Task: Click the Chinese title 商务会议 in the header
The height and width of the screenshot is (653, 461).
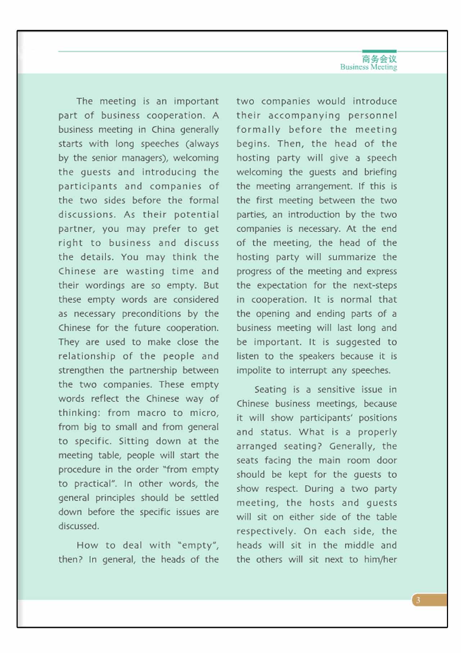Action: [379, 59]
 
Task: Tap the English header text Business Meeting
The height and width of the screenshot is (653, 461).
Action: [368, 67]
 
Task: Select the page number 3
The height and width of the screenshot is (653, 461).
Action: [418, 600]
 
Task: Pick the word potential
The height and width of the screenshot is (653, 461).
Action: [196, 215]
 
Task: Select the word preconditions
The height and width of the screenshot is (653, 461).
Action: [151, 314]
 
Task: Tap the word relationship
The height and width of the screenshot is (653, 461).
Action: [87, 356]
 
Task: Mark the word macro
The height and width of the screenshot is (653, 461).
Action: [151, 413]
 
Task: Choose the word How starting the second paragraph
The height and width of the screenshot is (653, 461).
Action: [87, 545]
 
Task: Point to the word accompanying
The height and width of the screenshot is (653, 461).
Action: [304, 116]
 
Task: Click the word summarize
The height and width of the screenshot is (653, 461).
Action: [352, 257]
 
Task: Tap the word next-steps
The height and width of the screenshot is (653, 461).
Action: [375, 285]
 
